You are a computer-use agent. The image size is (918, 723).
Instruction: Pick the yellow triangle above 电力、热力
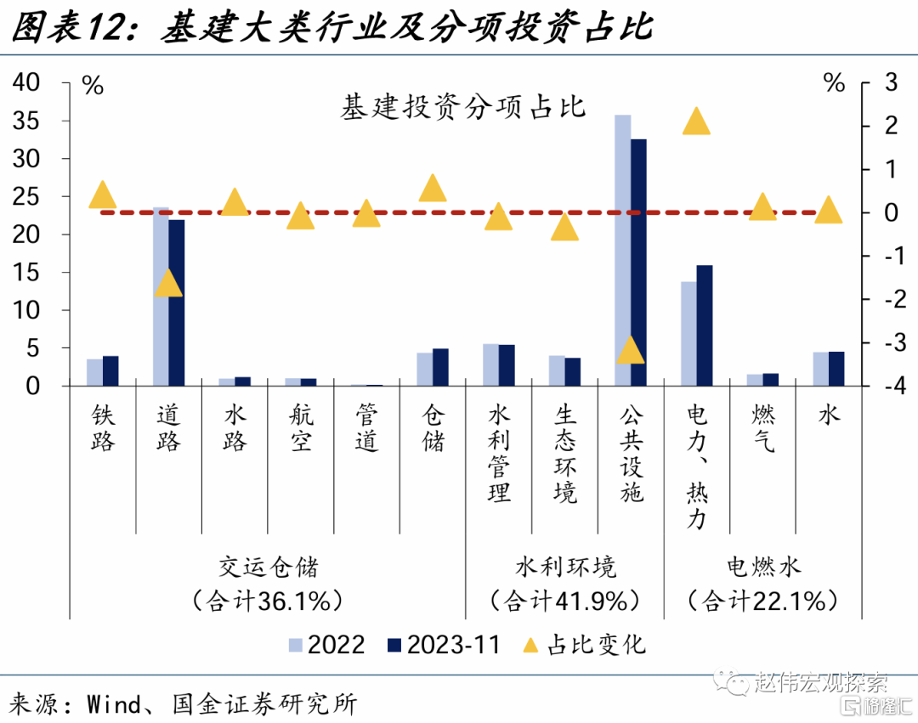tap(697, 122)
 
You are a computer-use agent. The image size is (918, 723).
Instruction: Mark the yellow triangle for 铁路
tap(103, 195)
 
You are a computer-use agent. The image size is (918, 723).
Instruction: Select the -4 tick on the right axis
tap(884, 387)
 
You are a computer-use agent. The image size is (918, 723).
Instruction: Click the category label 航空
tap(301, 428)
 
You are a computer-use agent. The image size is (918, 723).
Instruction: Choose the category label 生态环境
tap(565, 454)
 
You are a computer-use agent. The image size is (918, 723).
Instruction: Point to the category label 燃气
tap(762, 428)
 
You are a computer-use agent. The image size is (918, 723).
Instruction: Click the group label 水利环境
tap(565, 567)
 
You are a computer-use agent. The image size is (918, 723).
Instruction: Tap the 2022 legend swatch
tap(295, 645)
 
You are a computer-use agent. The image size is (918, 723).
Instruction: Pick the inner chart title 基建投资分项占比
tap(463, 107)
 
